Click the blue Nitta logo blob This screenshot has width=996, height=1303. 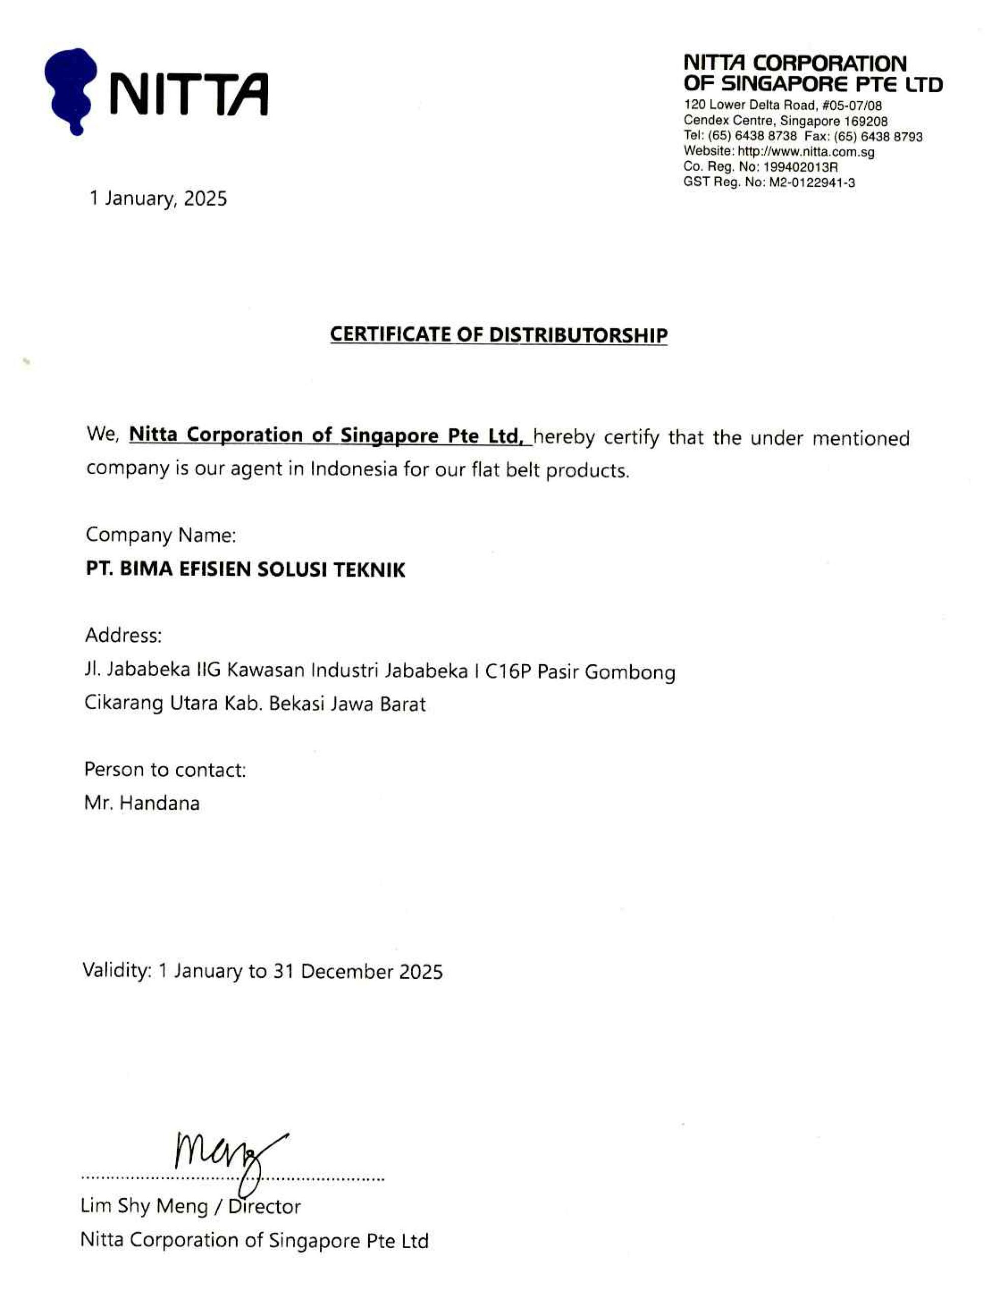70,89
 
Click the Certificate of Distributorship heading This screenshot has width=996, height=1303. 499,335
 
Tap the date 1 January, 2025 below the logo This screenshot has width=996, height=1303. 158,198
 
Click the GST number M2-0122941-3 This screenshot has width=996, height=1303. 812,183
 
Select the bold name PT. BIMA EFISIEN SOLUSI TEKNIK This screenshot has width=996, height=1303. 246,570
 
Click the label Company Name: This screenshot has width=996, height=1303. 161,535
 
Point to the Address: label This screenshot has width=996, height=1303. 123,636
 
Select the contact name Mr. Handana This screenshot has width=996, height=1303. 142,804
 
